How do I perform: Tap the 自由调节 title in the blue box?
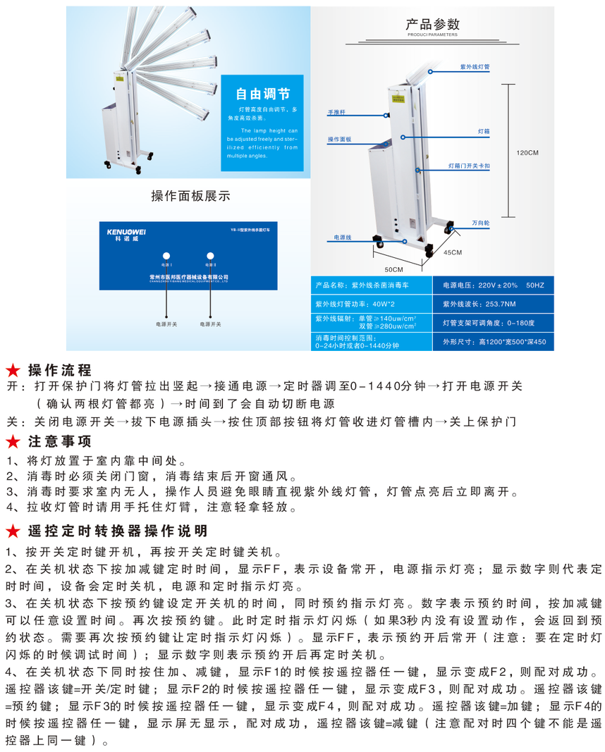click(x=262, y=94)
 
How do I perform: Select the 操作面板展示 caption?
click(x=190, y=195)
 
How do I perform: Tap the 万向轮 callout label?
click(x=481, y=223)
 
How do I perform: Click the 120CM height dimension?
click(x=527, y=152)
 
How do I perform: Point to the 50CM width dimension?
click(x=393, y=270)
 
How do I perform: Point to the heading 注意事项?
click(x=59, y=442)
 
